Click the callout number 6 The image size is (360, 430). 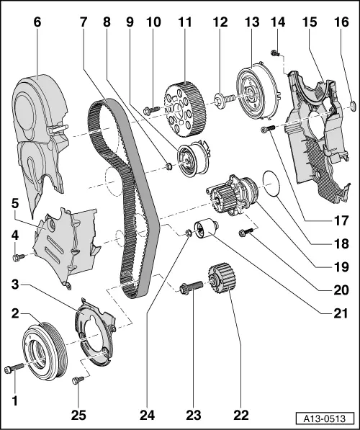click(37, 22)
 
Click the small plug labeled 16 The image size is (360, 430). click(352, 108)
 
